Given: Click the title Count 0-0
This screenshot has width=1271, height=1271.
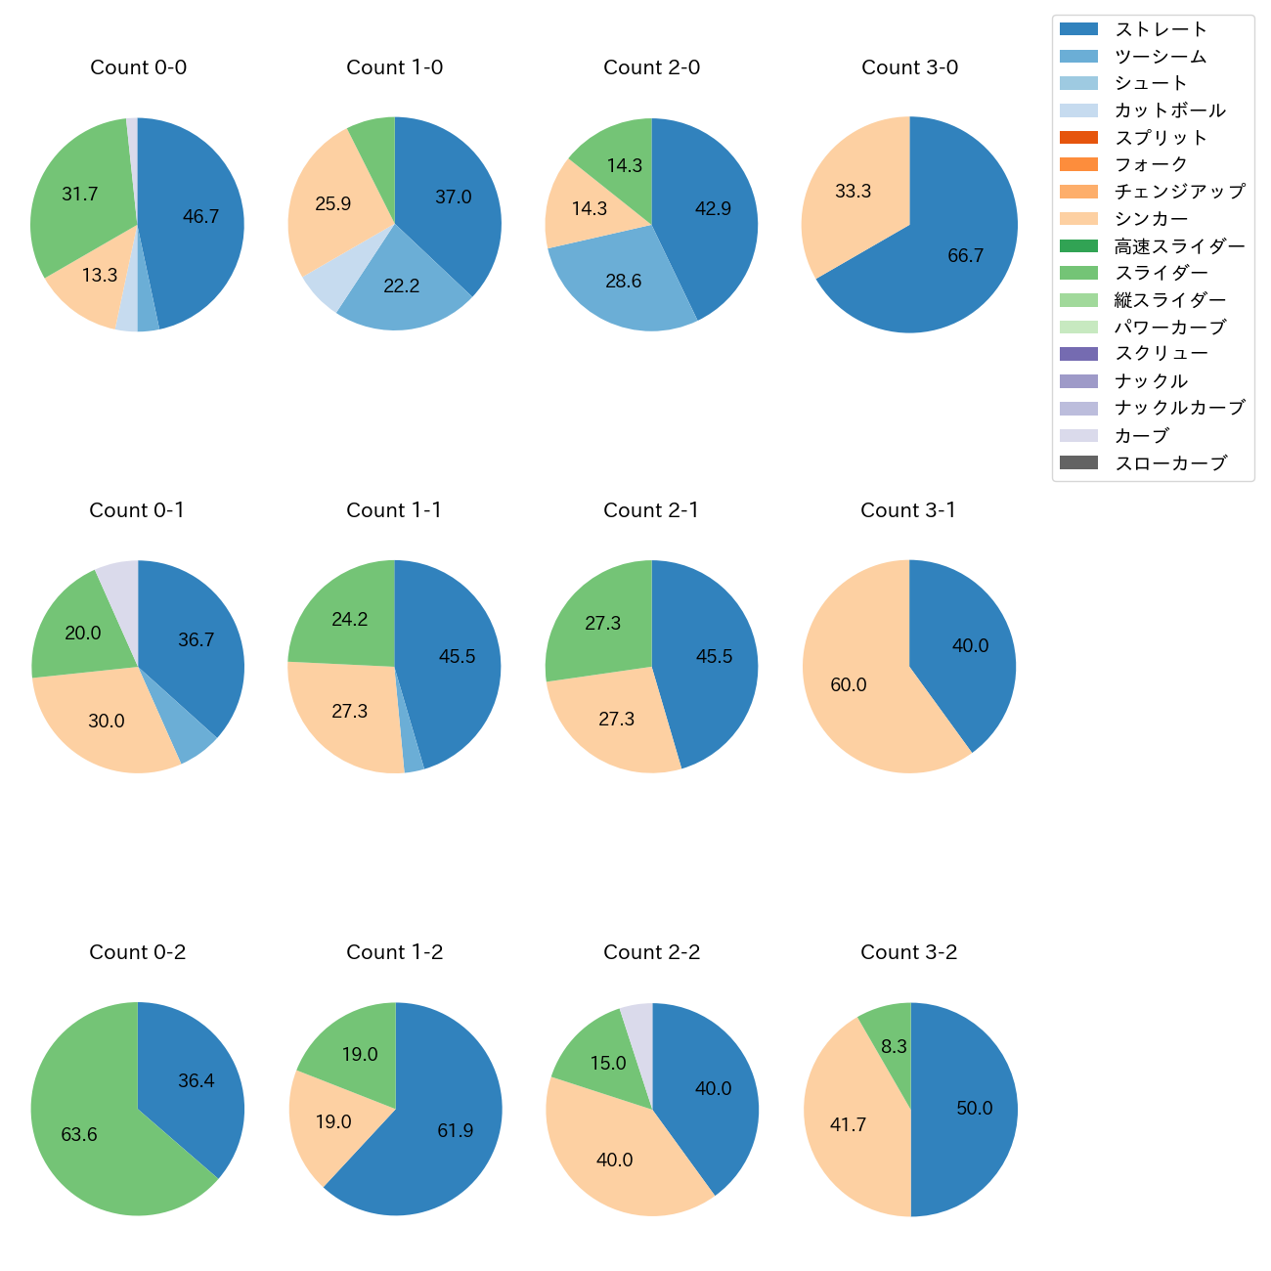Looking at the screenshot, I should [138, 67].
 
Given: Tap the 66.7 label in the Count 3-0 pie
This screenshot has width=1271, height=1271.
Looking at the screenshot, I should [965, 256].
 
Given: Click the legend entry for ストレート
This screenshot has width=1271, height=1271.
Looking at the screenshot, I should [1161, 29].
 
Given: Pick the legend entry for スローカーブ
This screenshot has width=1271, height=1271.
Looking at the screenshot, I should [1170, 463].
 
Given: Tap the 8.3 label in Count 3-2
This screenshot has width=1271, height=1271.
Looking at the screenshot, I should [894, 1047].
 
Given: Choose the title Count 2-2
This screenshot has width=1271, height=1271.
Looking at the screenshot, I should [651, 952].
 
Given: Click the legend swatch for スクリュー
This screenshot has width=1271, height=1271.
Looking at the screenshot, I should [1078, 354].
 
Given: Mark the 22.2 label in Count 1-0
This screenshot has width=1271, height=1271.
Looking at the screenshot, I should [401, 286].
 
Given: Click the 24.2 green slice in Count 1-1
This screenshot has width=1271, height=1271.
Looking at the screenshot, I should [350, 620].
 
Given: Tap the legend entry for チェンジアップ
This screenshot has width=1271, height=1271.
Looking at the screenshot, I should [1179, 192].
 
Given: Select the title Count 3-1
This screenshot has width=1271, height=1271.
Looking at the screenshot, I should [907, 510].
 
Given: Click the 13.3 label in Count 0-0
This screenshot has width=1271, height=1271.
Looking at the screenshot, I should [100, 276].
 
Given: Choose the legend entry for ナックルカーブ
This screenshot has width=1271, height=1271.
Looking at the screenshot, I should [1179, 409].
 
